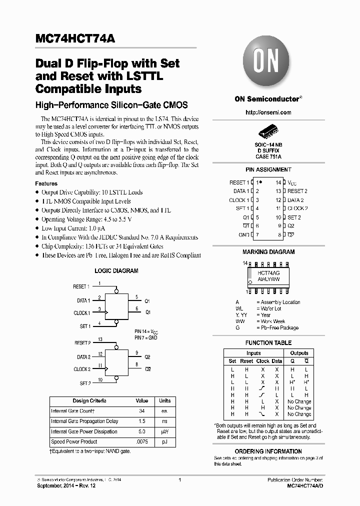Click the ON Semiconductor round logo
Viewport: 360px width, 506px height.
point(268,62)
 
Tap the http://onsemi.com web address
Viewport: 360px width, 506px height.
point(268,112)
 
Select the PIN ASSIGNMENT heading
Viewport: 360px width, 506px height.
point(268,170)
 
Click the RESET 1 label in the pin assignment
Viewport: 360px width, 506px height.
point(239,182)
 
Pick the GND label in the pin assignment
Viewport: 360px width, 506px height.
point(243,234)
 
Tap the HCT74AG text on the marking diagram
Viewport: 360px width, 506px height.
point(268,273)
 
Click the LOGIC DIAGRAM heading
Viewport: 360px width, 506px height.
point(116,271)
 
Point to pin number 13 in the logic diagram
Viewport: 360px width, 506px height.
point(100,339)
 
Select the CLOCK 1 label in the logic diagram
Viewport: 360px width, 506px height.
point(82,313)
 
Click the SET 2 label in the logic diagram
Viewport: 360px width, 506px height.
point(85,383)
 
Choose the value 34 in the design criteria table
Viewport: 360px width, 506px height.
point(142,411)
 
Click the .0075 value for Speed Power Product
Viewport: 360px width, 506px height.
point(142,442)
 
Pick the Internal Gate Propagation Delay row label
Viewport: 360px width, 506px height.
point(84,421)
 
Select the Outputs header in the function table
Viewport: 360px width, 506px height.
point(299,353)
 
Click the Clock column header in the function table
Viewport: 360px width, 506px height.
point(262,361)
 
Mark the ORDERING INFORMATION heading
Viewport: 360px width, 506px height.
point(268,451)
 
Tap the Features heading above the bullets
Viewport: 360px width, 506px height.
point(46,183)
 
